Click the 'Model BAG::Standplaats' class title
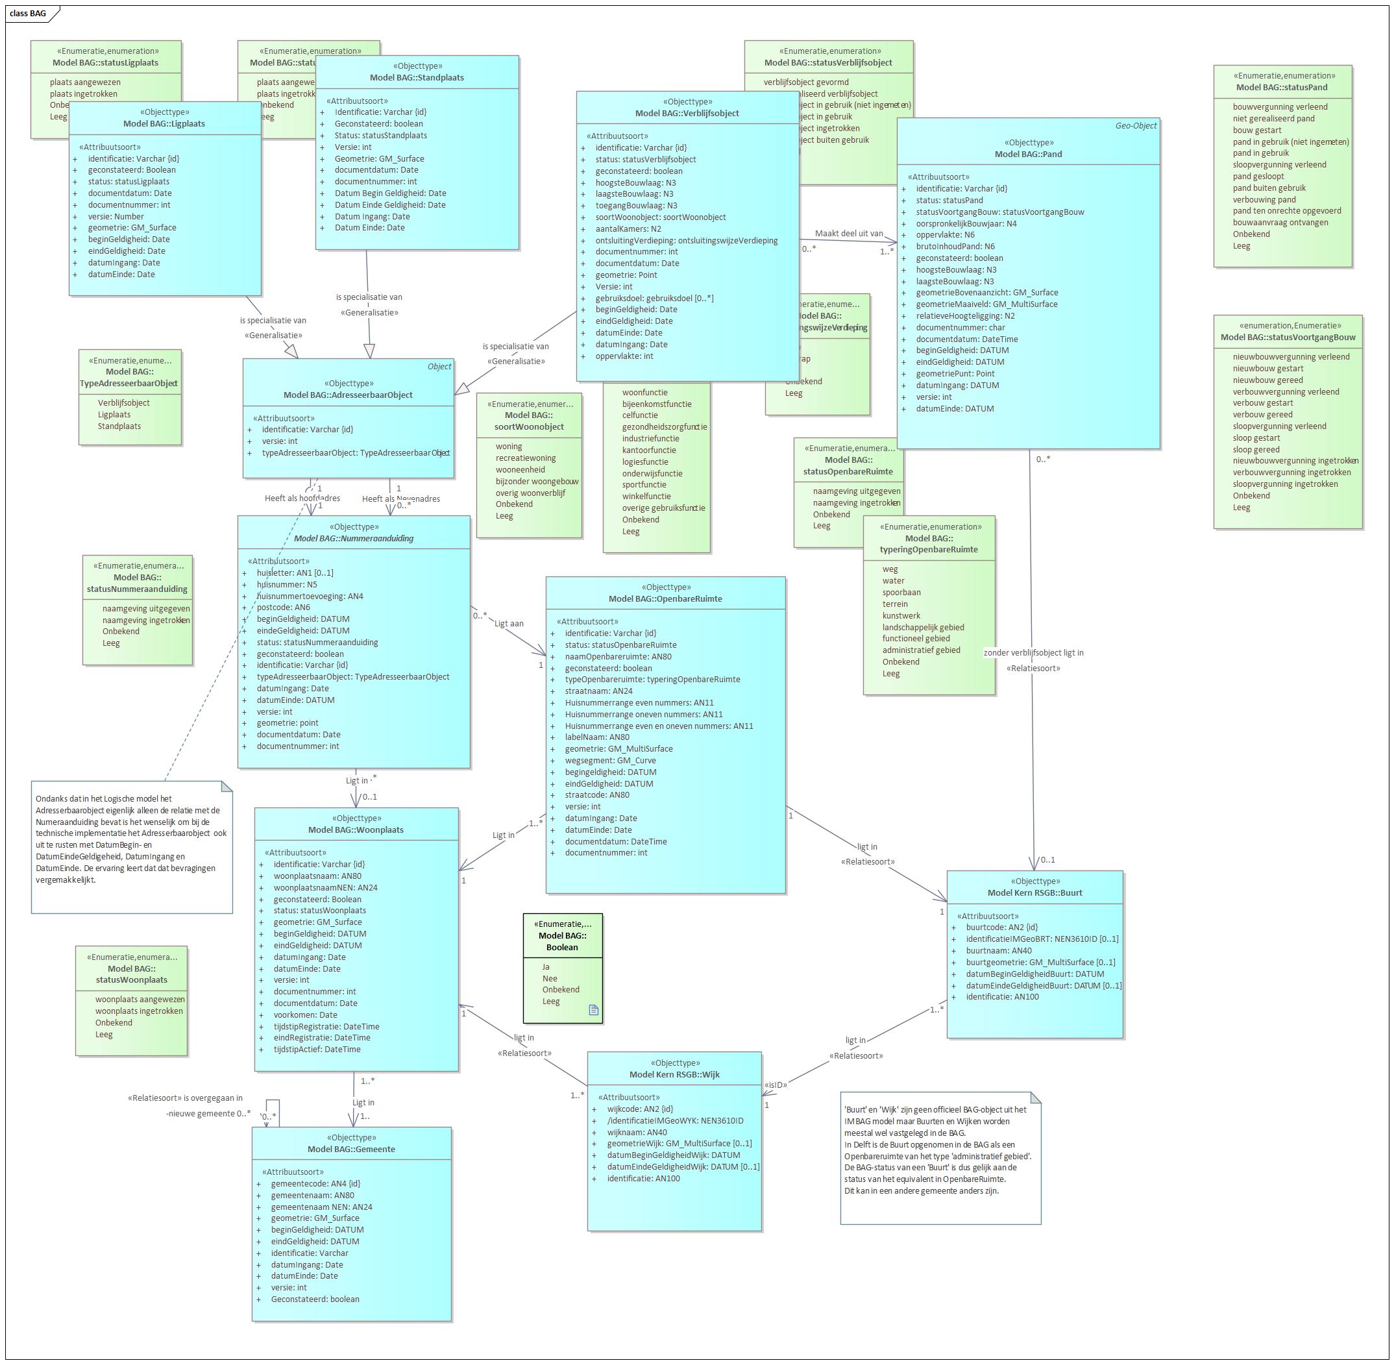417,77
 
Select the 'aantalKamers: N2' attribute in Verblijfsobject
628,228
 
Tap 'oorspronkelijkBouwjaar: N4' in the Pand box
966,224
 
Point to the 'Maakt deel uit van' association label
849,234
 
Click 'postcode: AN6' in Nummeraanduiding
283,608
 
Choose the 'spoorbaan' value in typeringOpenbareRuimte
901,592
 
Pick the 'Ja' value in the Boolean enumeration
546,966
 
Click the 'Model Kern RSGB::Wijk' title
674,1074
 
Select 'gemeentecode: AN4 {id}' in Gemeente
315,1184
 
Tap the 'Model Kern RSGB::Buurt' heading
1034,892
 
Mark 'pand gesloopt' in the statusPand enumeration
1258,177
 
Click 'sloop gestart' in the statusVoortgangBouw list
1256,438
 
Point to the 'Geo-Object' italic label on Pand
1135,125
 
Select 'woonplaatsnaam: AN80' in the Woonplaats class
317,876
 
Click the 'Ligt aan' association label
509,624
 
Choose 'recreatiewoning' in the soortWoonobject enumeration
526,458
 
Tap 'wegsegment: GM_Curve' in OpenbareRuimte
610,761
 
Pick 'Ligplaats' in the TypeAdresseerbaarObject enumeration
114,414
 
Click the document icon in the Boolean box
593,1009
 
